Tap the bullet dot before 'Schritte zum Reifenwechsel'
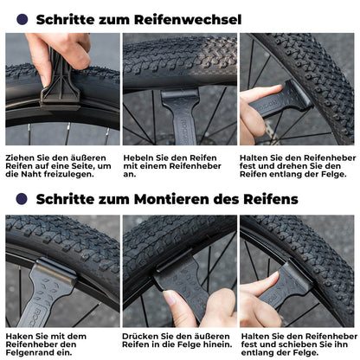tap(21, 19)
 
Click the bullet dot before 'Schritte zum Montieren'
tap(21, 198)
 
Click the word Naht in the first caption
tap(52, 177)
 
